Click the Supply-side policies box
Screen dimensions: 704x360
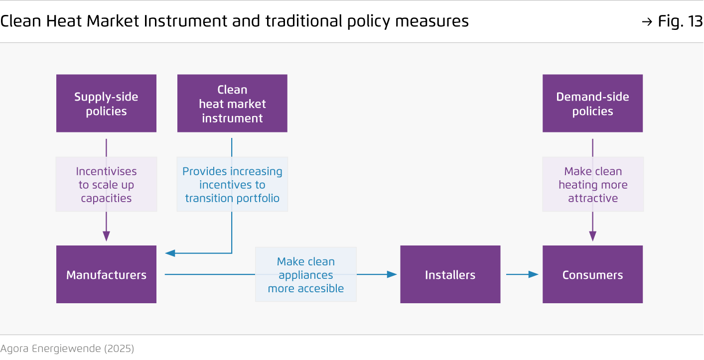click(x=106, y=104)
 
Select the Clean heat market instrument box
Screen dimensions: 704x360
click(x=232, y=104)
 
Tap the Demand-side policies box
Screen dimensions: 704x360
click(x=592, y=104)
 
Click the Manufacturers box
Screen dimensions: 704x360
click(x=106, y=274)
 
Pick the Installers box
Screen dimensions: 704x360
click(x=450, y=274)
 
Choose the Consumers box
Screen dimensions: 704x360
click(x=592, y=274)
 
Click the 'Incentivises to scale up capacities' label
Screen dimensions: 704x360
click(x=106, y=184)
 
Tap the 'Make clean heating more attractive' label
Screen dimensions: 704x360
click(x=593, y=184)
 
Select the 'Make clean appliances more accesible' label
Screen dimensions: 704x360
click(x=306, y=274)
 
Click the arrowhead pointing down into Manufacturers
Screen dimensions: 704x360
click(x=106, y=236)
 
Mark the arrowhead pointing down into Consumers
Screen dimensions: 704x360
click(x=593, y=236)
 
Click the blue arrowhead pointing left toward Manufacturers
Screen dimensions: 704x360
click(x=170, y=253)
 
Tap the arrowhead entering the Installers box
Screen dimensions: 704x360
click(x=392, y=274)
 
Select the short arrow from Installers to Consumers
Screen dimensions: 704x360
click(x=522, y=274)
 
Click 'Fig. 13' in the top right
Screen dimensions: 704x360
click(x=680, y=21)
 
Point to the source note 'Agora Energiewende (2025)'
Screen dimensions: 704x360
click(x=67, y=349)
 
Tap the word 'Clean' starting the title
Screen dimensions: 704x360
click(x=21, y=21)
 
